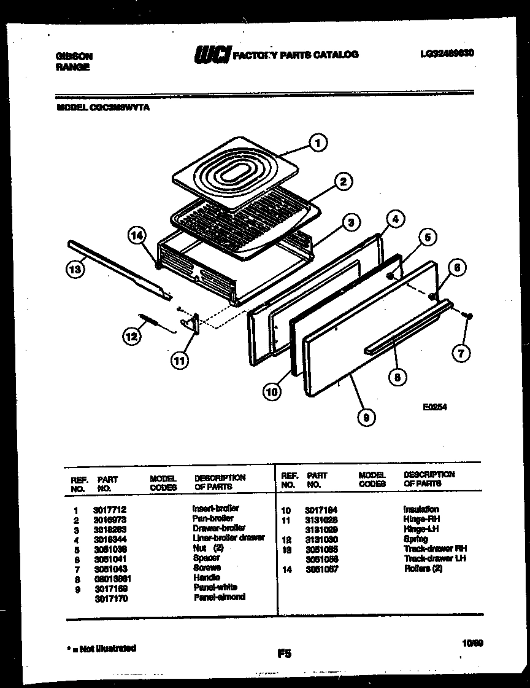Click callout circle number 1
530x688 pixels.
tap(317, 144)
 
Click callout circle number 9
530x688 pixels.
tap(366, 417)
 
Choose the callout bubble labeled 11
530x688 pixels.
tap(179, 361)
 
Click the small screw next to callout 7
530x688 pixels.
tap(469, 315)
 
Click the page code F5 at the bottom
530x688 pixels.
tap(283, 654)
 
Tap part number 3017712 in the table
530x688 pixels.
tap(110, 509)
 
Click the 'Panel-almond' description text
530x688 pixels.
tap(219, 596)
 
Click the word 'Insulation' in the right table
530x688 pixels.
tap(421, 509)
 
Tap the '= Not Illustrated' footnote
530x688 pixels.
tap(101, 648)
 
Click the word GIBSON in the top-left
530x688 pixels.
tap(74, 55)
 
